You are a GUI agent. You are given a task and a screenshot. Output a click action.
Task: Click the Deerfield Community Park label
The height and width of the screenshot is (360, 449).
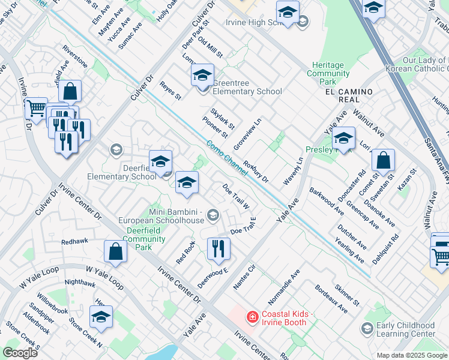(x=140, y=239)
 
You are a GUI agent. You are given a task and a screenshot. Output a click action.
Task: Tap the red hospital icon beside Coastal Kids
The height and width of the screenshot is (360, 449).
(x=252, y=316)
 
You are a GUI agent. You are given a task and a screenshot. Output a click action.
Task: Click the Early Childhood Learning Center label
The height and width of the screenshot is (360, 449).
(x=406, y=329)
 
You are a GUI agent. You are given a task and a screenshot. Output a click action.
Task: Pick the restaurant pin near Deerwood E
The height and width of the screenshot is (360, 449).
(x=218, y=248)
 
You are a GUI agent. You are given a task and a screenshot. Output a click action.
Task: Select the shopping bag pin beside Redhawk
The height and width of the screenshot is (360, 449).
(x=115, y=252)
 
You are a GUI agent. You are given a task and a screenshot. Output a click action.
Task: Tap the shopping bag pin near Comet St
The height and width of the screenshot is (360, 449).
(x=383, y=161)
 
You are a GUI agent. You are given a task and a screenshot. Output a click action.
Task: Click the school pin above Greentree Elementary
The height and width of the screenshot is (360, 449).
(x=203, y=76)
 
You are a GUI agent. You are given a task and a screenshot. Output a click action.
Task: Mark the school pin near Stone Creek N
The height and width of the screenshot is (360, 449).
(x=101, y=317)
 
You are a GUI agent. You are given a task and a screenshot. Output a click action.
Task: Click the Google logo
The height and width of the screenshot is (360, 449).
(x=20, y=353)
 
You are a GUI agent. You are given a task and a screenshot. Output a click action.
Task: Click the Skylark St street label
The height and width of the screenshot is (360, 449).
(x=221, y=118)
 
